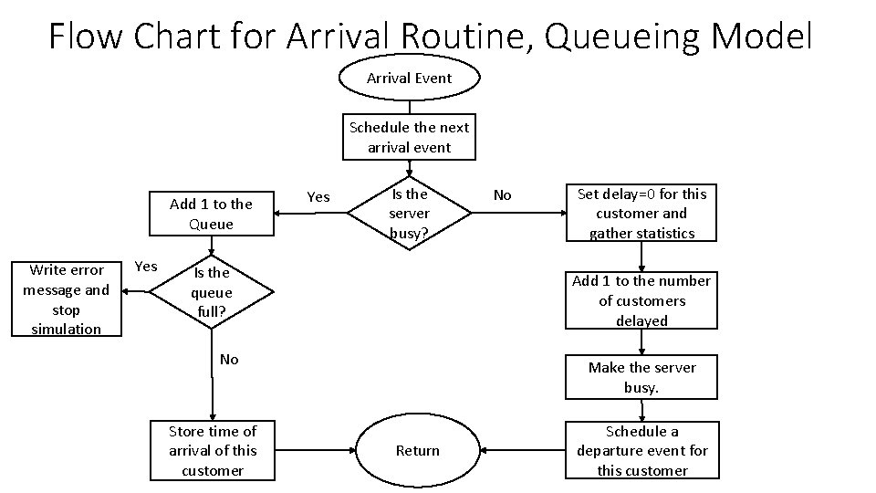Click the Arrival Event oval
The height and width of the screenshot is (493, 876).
[x=409, y=79]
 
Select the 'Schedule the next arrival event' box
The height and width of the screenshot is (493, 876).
[x=409, y=137]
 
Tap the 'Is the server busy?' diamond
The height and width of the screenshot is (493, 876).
[x=409, y=214]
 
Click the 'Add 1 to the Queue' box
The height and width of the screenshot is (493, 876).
[x=211, y=214]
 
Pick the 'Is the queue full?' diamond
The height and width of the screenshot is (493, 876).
[x=211, y=292]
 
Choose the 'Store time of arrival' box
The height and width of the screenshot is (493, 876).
[x=212, y=451]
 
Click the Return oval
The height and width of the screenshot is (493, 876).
[x=417, y=451]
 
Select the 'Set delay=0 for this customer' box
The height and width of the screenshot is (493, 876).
[x=641, y=214]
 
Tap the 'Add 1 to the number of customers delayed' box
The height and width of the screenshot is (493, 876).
[x=641, y=300]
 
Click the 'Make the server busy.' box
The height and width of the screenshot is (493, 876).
[x=641, y=377]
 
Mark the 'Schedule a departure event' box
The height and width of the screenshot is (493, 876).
[x=641, y=451]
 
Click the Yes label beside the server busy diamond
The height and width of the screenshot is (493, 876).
[x=318, y=196]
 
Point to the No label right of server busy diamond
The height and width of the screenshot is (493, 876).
[x=502, y=195]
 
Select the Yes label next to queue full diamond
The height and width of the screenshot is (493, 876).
[x=145, y=267]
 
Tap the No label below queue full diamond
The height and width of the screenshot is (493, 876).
[x=229, y=360]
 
